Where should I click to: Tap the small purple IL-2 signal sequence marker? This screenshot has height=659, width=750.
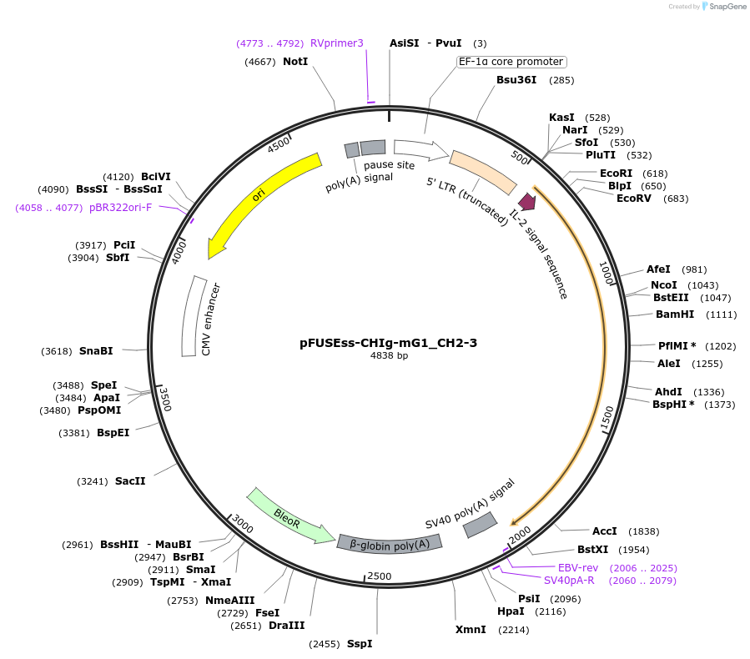pyautogui.click(x=526, y=201)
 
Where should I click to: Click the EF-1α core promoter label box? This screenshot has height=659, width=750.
pyautogui.click(x=511, y=62)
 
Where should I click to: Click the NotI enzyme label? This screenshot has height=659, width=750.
pyautogui.click(x=295, y=62)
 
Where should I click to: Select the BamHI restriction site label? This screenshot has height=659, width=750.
pyautogui.click(x=675, y=314)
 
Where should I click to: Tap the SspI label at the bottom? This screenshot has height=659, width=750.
pyautogui.click(x=360, y=644)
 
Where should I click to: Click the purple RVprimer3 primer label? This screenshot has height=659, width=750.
pyautogui.click(x=337, y=43)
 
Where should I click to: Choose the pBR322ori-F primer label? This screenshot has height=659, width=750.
pyautogui.click(x=120, y=207)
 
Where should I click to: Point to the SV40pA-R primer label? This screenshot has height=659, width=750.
pyautogui.click(x=569, y=580)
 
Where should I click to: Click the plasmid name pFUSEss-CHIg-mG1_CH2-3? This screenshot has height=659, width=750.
pyautogui.click(x=389, y=342)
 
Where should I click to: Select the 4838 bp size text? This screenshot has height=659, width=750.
pyautogui.click(x=389, y=356)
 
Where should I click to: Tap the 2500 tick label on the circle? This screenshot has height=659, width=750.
pyautogui.click(x=380, y=576)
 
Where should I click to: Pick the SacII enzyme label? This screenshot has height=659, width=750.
pyautogui.click(x=130, y=481)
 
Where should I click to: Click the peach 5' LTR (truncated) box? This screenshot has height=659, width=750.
pyautogui.click(x=483, y=172)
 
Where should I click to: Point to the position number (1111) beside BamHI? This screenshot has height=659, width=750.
pyautogui.click(x=721, y=314)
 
